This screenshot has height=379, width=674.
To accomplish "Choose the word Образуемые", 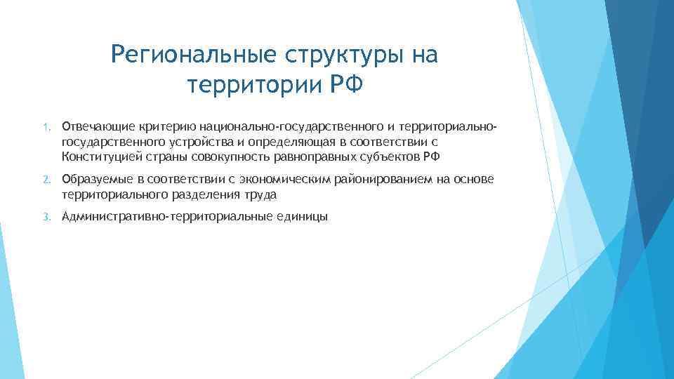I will (x=94, y=180).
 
